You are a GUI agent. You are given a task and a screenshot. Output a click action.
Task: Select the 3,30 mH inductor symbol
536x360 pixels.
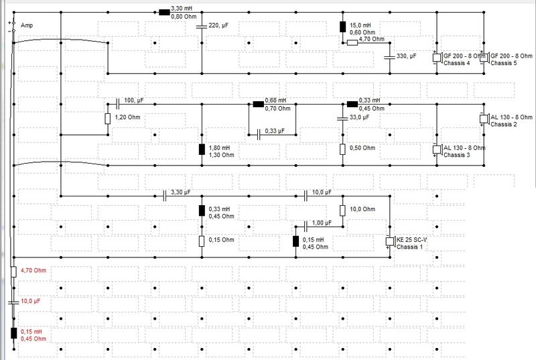click(x=163, y=12)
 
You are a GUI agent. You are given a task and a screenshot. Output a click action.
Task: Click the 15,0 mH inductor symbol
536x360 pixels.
click(x=342, y=27)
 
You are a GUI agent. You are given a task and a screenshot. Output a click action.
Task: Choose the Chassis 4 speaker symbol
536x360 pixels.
click(x=436, y=58)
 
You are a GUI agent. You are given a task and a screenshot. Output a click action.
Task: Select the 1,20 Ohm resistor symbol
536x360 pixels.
click(x=107, y=119)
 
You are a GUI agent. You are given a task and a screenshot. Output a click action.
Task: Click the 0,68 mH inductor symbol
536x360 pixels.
click(x=258, y=104)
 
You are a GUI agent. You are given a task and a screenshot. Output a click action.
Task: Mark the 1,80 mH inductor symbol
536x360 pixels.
click(x=201, y=149)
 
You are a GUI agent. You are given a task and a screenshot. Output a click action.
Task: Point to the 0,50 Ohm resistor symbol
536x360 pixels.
click(x=342, y=149)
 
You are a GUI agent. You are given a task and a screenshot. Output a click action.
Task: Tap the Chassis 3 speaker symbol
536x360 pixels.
click(x=436, y=150)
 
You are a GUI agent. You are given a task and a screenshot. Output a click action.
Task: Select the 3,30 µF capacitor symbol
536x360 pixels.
click(x=165, y=195)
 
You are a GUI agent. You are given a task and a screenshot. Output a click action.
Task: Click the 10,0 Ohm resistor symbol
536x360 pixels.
click(x=342, y=211)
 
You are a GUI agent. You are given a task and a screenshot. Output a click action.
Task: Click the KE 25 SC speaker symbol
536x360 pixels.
click(x=389, y=242)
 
